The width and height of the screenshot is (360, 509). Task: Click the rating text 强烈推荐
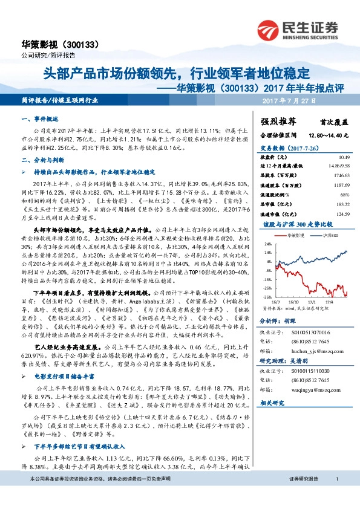(278, 122)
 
